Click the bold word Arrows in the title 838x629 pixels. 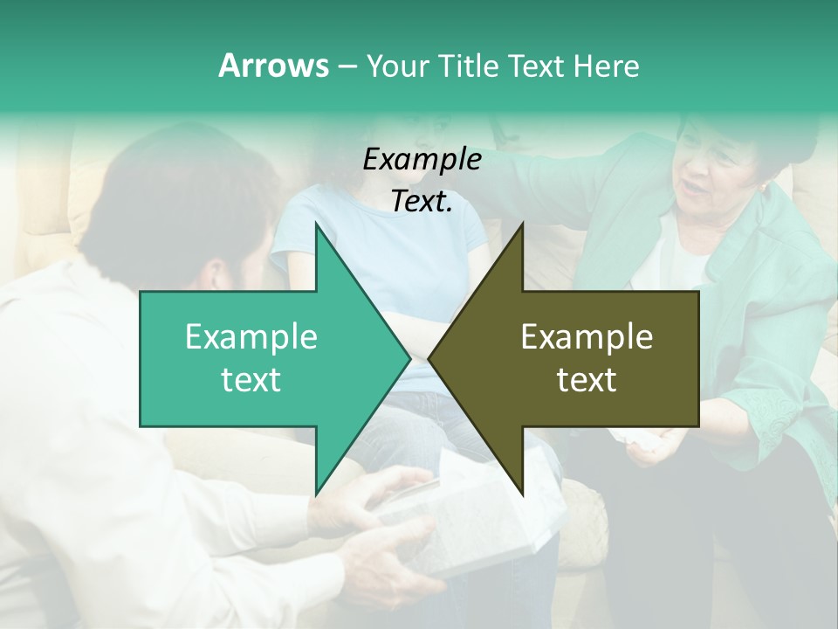[x=273, y=66]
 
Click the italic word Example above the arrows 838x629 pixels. [x=422, y=160]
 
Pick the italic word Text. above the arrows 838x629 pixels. [x=422, y=202]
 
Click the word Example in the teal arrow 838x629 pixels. [x=251, y=337]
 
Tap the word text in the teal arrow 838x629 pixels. [x=251, y=380]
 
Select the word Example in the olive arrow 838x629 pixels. [x=587, y=337]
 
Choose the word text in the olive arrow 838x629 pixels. [x=587, y=380]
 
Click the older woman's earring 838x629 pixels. [x=766, y=189]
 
